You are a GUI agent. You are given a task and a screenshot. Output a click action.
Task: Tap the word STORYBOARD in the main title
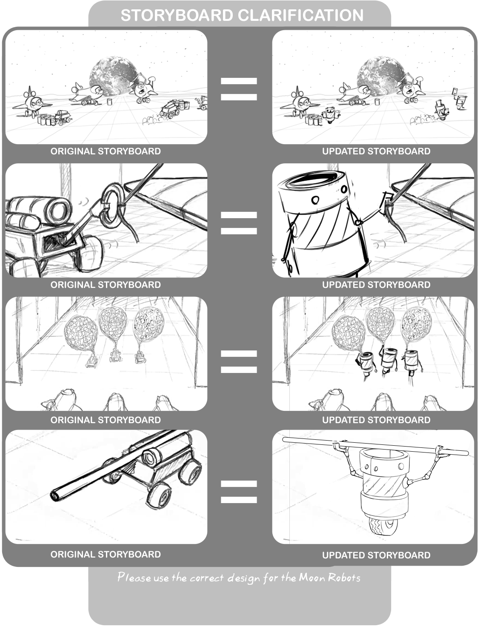(x=177, y=15)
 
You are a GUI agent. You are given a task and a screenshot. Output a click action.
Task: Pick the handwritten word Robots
(x=344, y=578)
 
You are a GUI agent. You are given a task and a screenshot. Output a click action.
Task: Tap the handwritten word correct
(x=207, y=578)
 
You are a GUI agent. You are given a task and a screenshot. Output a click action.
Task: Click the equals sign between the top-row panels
(x=239, y=89)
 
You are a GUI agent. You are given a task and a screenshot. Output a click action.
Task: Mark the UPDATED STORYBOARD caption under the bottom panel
(x=376, y=555)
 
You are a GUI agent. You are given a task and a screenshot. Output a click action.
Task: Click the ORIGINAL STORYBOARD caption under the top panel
(x=106, y=151)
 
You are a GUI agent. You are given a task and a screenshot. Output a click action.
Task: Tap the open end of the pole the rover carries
(x=54, y=496)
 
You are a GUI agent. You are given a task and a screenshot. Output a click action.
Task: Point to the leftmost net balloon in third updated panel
(x=349, y=333)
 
